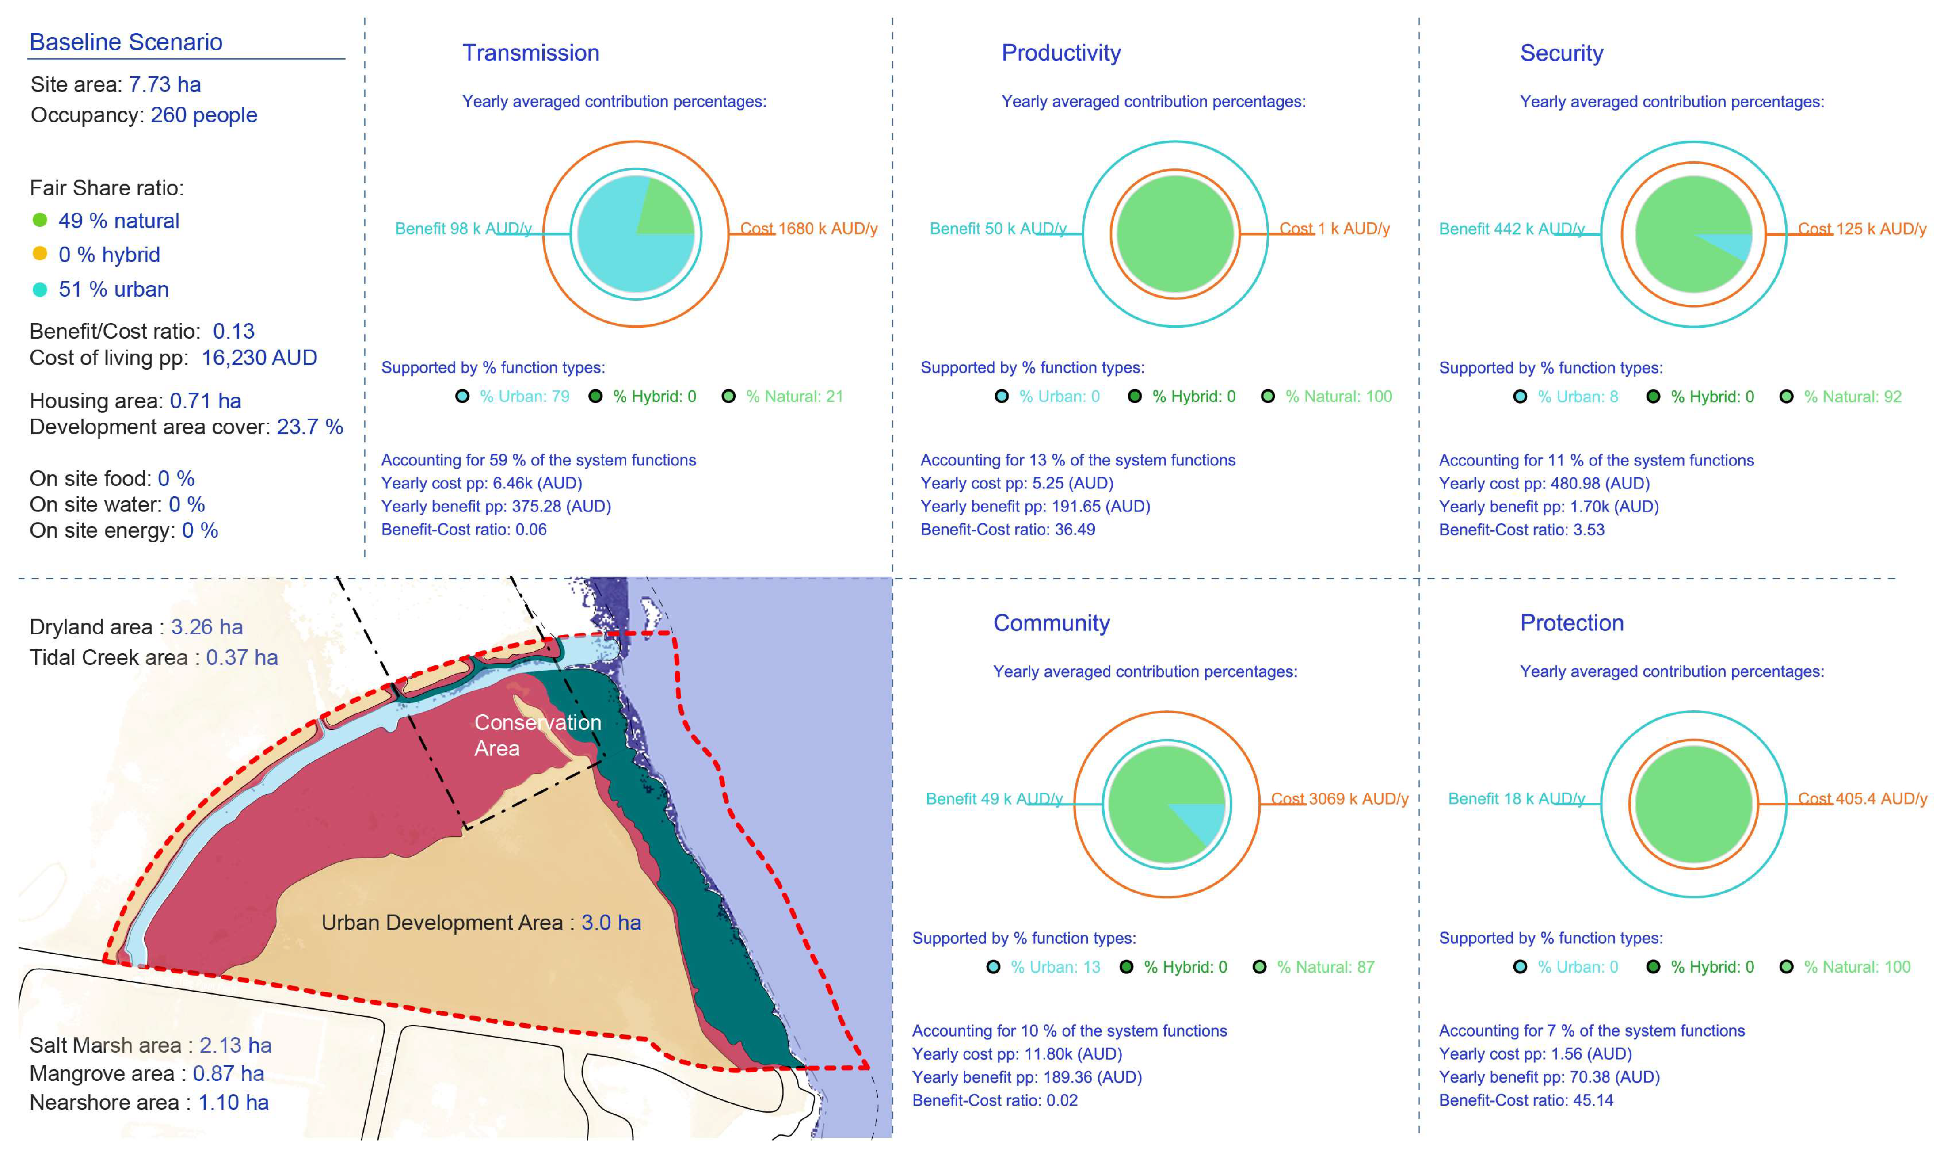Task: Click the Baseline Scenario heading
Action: point(126,42)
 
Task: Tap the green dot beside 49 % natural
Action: point(40,221)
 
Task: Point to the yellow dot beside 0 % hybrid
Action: point(40,254)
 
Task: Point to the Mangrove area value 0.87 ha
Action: point(228,1073)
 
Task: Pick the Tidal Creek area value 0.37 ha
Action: point(241,657)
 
